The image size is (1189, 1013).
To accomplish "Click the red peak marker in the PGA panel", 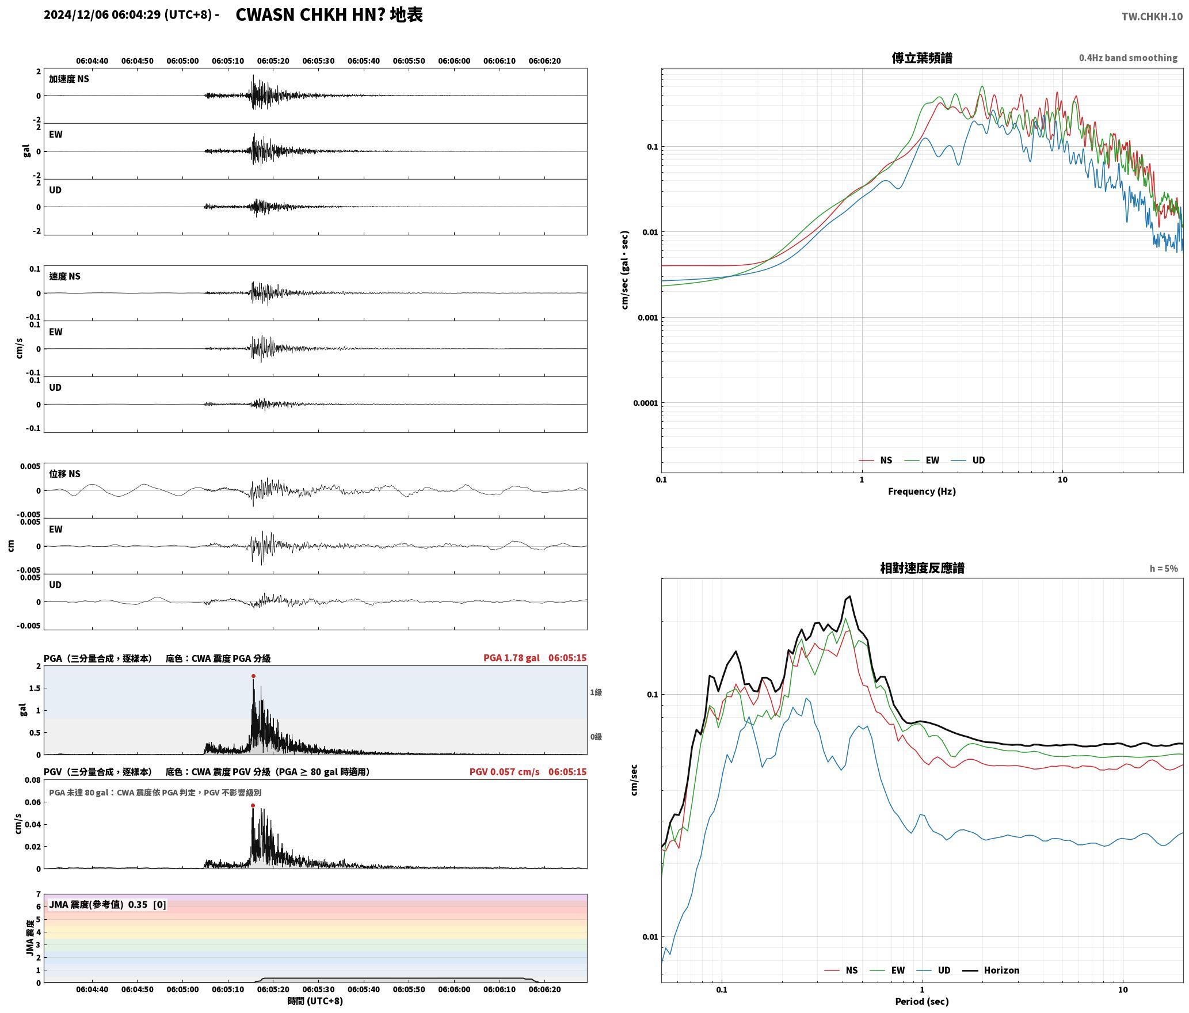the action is pyautogui.click(x=253, y=676).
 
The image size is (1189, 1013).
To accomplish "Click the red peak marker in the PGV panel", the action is pyautogui.click(x=253, y=806).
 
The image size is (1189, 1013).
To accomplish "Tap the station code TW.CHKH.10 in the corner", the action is pyautogui.click(x=1152, y=17).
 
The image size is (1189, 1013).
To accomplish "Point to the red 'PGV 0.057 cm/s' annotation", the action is pyautogui.click(x=505, y=772).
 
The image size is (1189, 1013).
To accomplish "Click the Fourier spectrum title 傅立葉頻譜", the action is pyautogui.click(x=922, y=58).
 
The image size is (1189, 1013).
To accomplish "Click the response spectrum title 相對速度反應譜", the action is pyautogui.click(x=922, y=568).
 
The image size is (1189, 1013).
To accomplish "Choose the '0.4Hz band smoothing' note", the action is pyautogui.click(x=1128, y=58).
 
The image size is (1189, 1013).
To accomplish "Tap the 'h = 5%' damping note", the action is pyautogui.click(x=1164, y=569).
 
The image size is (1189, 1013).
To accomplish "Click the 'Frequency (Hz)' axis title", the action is pyautogui.click(x=922, y=492).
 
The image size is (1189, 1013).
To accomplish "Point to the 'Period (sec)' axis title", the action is pyautogui.click(x=922, y=1001).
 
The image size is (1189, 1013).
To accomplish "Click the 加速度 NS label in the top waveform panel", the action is pyautogui.click(x=69, y=79).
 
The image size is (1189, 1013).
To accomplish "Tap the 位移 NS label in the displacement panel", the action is pyautogui.click(x=64, y=474).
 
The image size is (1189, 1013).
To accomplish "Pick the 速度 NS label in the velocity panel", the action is pyautogui.click(x=64, y=276).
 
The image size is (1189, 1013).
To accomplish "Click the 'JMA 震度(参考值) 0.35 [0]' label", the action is pyautogui.click(x=108, y=905).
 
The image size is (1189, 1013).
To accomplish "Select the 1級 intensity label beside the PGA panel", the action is pyautogui.click(x=596, y=692).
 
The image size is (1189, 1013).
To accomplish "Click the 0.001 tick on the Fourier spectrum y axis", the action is pyautogui.click(x=647, y=318).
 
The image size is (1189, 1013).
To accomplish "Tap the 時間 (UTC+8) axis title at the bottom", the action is pyautogui.click(x=315, y=1001).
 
